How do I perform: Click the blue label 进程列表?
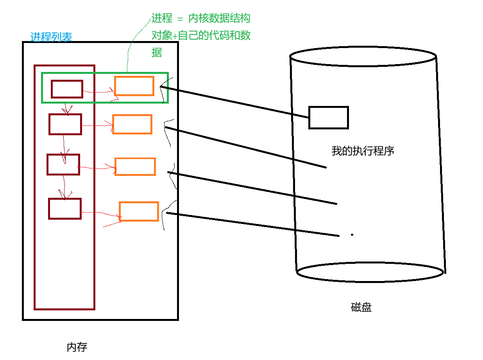pos(51,37)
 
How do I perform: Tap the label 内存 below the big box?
pos(77,347)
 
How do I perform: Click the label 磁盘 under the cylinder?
pos(361,307)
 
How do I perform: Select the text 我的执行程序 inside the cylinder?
pos(363,151)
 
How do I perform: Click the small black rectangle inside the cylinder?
pos(328,117)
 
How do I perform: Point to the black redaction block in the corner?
pos(30,14)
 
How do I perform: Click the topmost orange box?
pos(134,86)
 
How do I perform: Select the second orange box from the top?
pos(132,124)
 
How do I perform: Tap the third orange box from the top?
pos(135,167)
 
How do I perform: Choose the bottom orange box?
pos(139,211)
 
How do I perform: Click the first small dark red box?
pos(67,89)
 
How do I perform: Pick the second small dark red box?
pos(65,124)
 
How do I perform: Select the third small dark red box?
pos(63,165)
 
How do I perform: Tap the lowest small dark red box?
pos(65,209)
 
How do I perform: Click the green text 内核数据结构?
pos(219,18)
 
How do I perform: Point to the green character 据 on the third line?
pos(157,53)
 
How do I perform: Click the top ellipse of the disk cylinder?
pos(363,57)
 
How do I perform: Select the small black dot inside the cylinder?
pos(352,235)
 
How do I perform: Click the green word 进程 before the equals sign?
pos(162,18)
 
